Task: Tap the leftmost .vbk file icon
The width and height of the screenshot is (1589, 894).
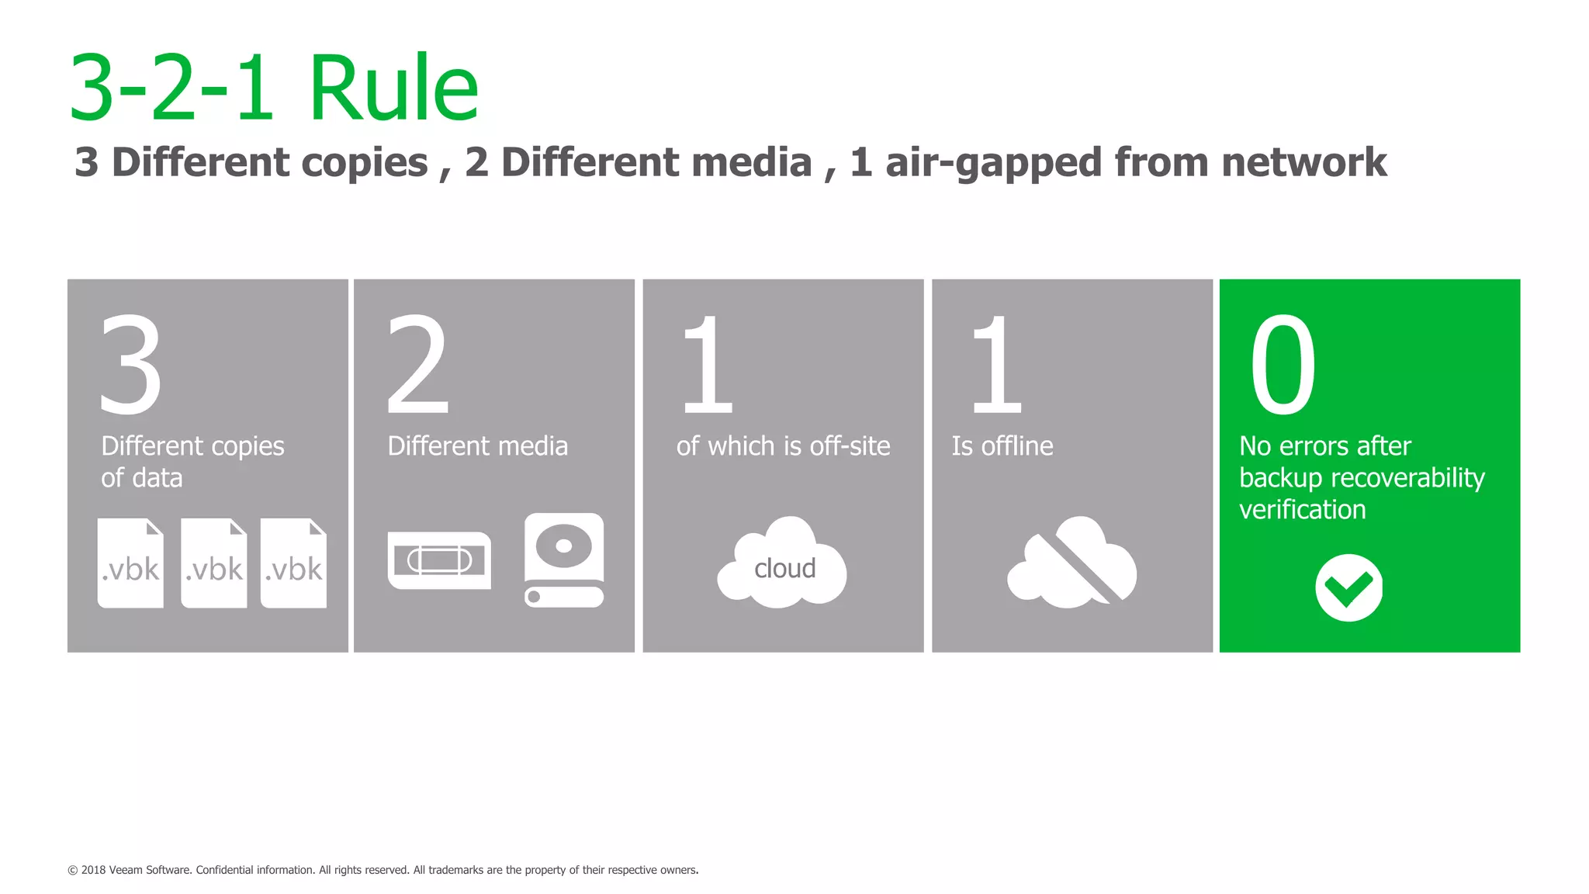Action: (x=130, y=563)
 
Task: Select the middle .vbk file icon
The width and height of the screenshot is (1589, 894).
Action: (x=213, y=563)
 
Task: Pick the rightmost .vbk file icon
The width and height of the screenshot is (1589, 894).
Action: (x=293, y=563)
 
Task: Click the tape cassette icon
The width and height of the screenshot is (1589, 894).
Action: (x=439, y=560)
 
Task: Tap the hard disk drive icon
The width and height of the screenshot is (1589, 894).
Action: (x=564, y=560)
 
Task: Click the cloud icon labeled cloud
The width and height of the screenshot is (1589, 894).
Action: (x=782, y=564)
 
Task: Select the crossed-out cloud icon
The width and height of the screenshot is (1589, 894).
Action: (x=1072, y=563)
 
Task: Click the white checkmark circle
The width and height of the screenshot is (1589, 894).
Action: (x=1348, y=587)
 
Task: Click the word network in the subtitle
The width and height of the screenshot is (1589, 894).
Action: (x=1303, y=163)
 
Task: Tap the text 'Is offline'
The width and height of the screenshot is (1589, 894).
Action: (x=1002, y=446)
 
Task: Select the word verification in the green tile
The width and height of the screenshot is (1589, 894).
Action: (x=1302, y=510)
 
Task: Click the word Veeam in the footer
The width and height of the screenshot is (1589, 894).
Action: (x=125, y=870)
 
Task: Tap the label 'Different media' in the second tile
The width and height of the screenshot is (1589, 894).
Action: (x=477, y=446)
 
